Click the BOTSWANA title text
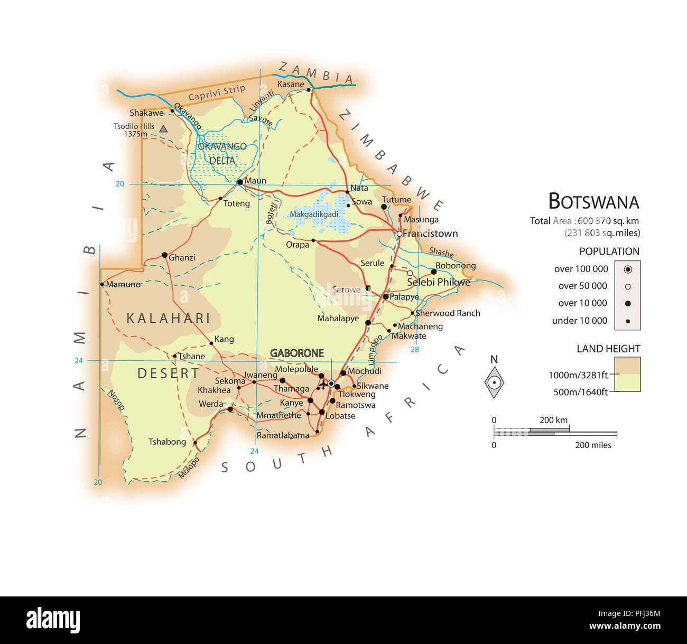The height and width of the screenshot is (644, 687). (x=593, y=202)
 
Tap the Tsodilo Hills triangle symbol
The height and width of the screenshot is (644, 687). (x=164, y=128)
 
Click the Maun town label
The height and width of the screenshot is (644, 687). (x=256, y=181)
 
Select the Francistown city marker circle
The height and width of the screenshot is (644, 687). (x=400, y=234)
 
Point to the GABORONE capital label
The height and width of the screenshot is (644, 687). (x=297, y=353)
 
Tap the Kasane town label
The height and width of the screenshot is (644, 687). (x=291, y=84)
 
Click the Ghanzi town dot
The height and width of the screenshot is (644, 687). (x=164, y=255)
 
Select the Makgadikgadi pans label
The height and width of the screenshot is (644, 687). (x=314, y=214)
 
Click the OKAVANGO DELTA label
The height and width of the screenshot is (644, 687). (x=222, y=153)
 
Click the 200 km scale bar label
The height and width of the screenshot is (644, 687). (x=553, y=420)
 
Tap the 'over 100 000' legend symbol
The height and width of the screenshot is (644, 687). (x=627, y=269)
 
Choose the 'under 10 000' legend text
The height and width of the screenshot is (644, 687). (x=580, y=321)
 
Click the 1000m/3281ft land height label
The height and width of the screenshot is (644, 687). (x=578, y=375)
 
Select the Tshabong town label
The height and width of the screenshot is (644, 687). (x=167, y=442)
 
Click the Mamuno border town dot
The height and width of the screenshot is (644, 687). (x=102, y=284)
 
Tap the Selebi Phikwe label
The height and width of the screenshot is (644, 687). (x=439, y=282)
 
